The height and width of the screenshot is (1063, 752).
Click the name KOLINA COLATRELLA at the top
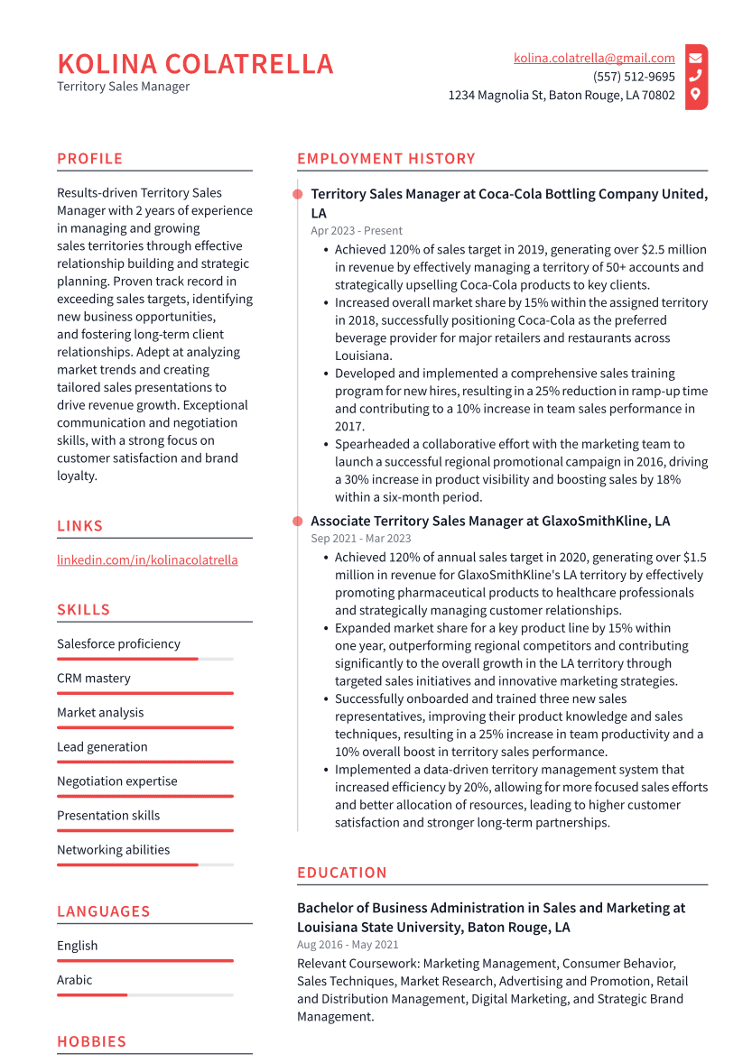pos(195,64)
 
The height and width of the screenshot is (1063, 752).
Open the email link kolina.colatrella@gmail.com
pos(594,58)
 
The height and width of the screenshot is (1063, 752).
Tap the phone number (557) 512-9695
pos(634,77)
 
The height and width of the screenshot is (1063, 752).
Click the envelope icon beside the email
pos(695,58)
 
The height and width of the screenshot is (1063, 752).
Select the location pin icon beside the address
pos(695,95)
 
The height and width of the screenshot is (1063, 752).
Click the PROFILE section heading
pos(89,159)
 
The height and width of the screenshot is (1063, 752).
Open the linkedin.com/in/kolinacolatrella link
pos(147,559)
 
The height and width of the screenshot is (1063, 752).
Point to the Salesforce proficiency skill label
pos(118,644)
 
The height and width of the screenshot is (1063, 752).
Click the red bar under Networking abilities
pos(126,864)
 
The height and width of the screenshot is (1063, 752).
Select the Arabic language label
pos(74,980)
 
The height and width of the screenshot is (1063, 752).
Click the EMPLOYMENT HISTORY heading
pos(385,159)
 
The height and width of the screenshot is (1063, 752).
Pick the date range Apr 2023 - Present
pos(357,231)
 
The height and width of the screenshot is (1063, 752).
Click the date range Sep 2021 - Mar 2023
pos(360,539)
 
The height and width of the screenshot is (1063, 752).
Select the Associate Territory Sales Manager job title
pos(490,522)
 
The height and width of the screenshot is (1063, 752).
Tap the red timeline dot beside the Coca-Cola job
pos(297,194)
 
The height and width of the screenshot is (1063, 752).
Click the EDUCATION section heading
pos(341,873)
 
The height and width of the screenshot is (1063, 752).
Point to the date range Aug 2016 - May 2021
pos(348,945)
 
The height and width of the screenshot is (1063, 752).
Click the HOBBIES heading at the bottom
pos(91,1041)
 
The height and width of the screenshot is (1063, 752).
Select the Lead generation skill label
pos(102,747)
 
